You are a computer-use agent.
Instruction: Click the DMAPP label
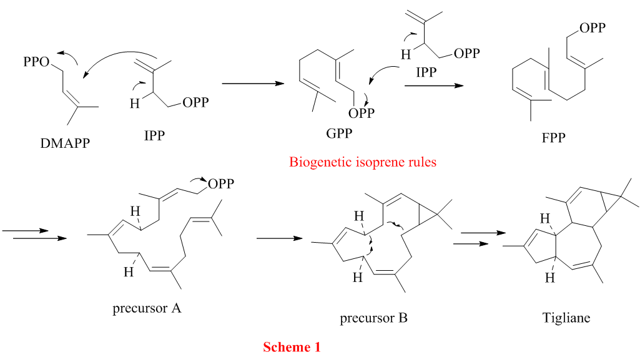[65, 143]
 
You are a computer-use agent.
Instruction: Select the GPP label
[339, 134]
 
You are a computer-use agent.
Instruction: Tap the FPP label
[553, 138]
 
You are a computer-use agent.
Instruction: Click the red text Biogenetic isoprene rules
[363, 162]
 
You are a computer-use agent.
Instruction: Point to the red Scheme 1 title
[292, 347]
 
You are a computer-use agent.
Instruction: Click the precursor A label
[147, 308]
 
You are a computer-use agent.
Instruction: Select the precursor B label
[374, 318]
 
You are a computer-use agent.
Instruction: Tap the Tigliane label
[566, 318]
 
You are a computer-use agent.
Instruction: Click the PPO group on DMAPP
[36, 62]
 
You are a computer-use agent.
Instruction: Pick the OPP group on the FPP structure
[593, 27]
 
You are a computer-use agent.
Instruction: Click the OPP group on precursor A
[221, 184]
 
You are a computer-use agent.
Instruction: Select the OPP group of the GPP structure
[362, 114]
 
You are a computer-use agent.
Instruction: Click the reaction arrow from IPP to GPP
[253, 84]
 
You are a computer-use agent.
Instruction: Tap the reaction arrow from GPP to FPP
[435, 85]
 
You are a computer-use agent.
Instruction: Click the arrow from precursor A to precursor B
[280, 238]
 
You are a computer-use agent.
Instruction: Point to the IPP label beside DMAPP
[154, 135]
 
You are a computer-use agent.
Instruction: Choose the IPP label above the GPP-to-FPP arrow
[426, 72]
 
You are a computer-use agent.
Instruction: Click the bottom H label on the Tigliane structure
[550, 278]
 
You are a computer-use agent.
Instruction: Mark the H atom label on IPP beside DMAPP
[135, 104]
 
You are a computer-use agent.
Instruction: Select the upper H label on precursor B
[359, 216]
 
